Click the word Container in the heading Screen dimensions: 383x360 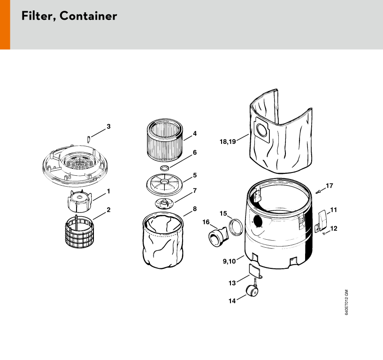pyautogui.click(x=88, y=16)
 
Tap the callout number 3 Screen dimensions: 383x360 pyautogui.click(x=108, y=126)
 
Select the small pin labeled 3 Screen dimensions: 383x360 pyautogui.click(x=89, y=139)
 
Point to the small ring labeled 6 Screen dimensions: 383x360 pyautogui.click(x=165, y=168)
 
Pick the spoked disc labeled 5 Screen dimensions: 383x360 pyautogui.click(x=164, y=184)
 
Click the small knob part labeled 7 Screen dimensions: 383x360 pyautogui.click(x=164, y=203)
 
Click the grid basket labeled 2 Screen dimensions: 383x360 pyautogui.click(x=80, y=232)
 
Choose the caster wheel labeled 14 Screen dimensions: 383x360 pyautogui.click(x=252, y=289)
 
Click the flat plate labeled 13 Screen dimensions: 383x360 pyautogui.click(x=255, y=271)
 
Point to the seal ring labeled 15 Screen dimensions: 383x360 pyautogui.click(x=236, y=227)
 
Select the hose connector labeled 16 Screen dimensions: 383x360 pyautogui.click(x=218, y=237)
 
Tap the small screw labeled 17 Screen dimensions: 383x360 pyautogui.click(x=318, y=191)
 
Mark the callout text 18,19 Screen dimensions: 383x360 pyautogui.click(x=228, y=141)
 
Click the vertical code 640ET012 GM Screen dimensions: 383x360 pyautogui.click(x=346, y=303)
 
